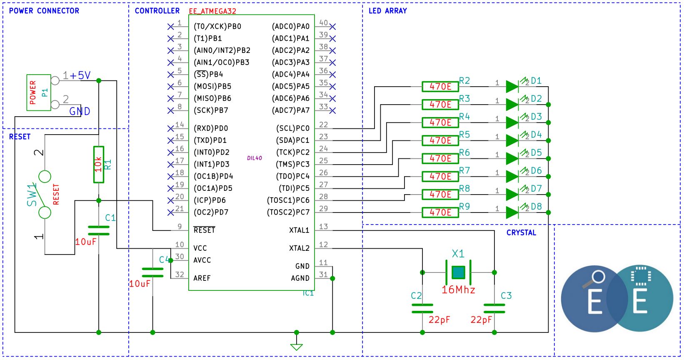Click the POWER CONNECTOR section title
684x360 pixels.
44,11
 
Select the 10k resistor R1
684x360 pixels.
99,165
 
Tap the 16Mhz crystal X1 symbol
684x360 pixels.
458,272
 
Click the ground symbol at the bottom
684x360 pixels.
297,347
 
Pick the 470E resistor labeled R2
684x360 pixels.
440,87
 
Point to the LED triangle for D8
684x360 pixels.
512,212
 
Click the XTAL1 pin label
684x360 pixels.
299,230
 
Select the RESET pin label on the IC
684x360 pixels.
204,230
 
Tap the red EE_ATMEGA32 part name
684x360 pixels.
212,11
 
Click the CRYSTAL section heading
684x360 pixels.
521,232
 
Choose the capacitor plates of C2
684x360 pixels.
422,308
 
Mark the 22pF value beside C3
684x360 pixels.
481,320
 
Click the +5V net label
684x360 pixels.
80,75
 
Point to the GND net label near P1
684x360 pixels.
80,111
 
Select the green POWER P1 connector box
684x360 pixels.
39,92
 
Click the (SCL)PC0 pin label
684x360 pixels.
292,128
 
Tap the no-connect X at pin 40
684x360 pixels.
332,27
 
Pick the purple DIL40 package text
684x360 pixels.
255,158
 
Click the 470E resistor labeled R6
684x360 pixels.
440,159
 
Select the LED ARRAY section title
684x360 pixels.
387,11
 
